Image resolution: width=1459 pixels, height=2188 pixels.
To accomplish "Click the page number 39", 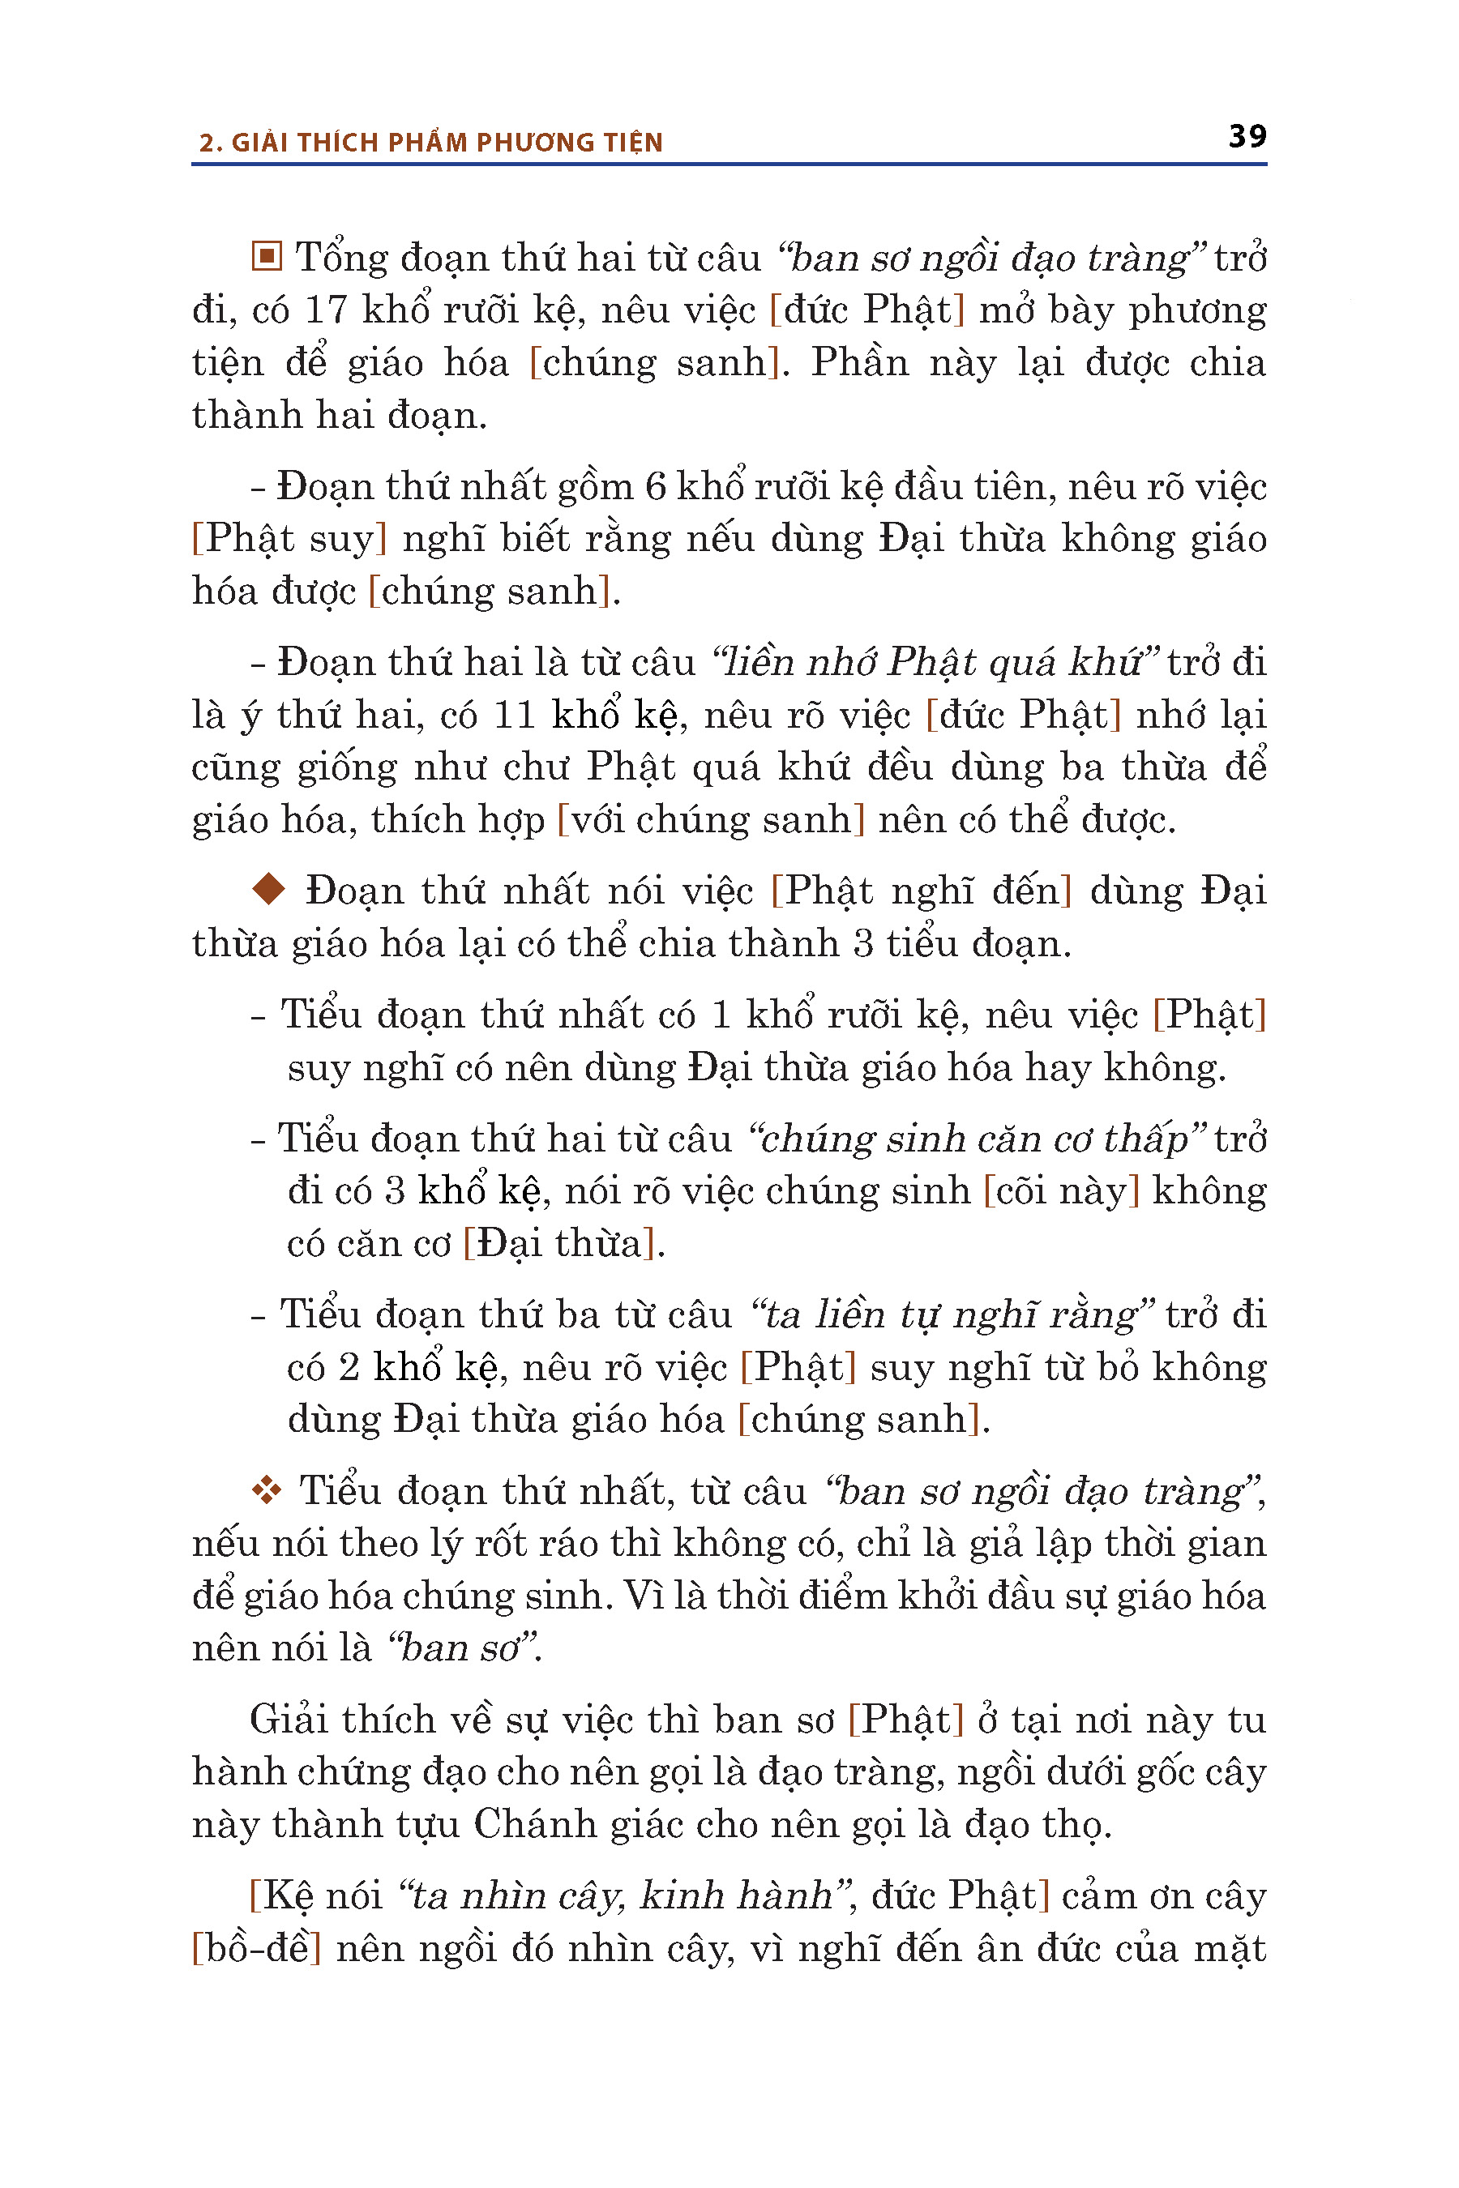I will coord(1247,136).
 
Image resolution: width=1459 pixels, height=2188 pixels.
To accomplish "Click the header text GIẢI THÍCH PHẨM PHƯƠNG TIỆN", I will coord(447,143).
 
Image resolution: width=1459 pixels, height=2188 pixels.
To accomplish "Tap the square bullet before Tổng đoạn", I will coord(267,256).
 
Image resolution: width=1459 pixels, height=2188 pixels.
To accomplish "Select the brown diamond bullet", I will coord(269,888).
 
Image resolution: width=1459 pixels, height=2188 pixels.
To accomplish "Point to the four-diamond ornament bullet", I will coord(267,1491).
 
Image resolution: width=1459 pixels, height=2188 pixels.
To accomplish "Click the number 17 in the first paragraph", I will coord(326,310).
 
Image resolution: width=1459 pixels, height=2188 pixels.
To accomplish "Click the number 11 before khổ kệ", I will coord(515,716).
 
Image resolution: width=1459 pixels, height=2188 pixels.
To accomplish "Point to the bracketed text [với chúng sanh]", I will coord(711,819).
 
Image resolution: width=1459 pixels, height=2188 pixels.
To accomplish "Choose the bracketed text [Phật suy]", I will coord(289,539).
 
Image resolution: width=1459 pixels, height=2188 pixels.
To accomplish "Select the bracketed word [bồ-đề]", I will coord(257,1948).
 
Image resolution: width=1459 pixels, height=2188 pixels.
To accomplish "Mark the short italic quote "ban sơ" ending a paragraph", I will coord(465,1648).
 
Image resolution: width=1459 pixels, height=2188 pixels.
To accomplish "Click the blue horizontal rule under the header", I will coord(729,165).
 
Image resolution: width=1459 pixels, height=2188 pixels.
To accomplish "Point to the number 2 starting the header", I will coord(207,143).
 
